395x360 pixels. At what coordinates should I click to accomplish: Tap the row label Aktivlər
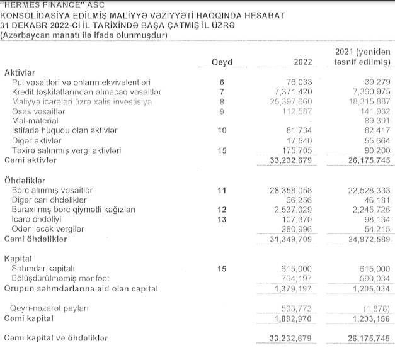click(20, 72)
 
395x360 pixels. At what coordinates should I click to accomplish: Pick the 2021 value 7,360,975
click(368, 92)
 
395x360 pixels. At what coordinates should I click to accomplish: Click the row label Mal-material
click(35, 121)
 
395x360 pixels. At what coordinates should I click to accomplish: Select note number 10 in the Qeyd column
click(221, 130)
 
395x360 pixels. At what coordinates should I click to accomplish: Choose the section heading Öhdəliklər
click(25, 179)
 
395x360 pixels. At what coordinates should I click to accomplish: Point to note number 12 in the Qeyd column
click(221, 209)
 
